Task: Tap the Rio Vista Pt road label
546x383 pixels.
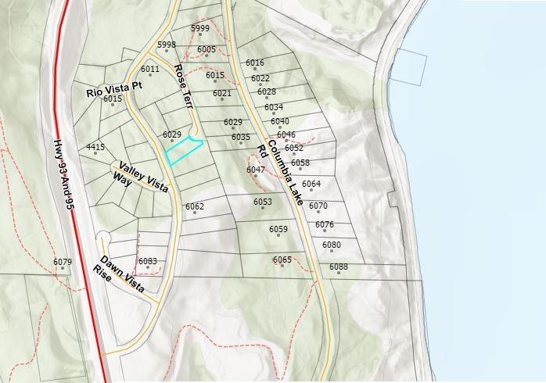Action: point(113,91)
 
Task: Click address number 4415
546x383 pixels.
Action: point(95,147)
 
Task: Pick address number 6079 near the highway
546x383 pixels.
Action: point(63,262)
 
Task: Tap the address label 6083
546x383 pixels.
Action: point(147,261)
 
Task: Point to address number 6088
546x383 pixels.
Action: point(339,267)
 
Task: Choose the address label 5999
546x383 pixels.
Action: point(200,28)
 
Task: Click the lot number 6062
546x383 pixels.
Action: point(194,206)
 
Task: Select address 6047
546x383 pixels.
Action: point(256,170)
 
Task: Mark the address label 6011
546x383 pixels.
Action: point(150,69)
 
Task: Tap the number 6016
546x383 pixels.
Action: point(255,63)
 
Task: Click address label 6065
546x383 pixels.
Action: point(282,260)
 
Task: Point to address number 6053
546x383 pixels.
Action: point(263,202)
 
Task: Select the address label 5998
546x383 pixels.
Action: point(166,45)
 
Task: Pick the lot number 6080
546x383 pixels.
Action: point(332,245)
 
